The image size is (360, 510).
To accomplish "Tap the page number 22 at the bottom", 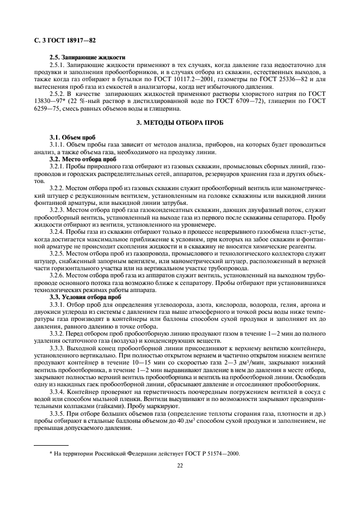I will point(180,465).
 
